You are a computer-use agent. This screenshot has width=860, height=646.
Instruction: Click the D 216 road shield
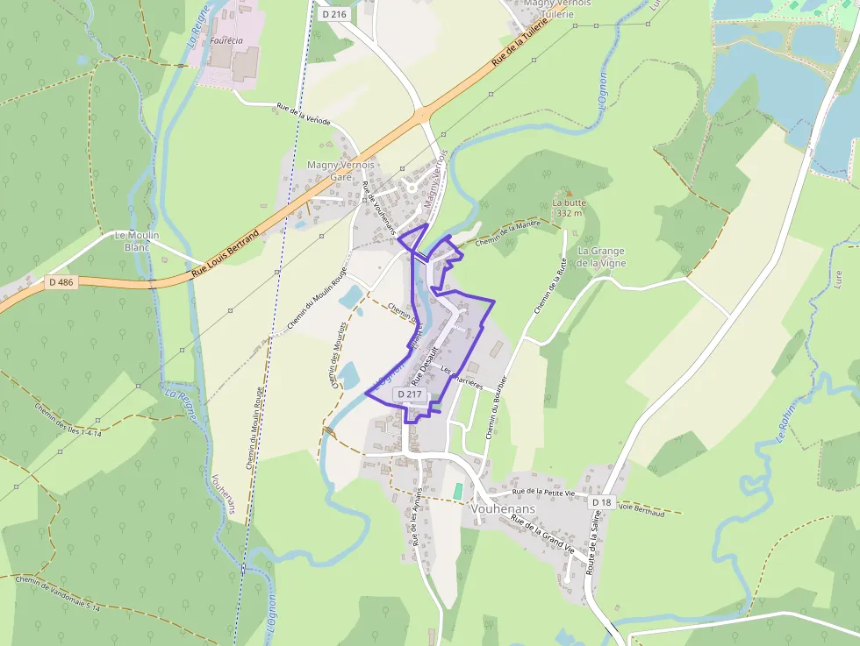pyautogui.click(x=333, y=14)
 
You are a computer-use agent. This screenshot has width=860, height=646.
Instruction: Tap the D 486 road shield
pyautogui.click(x=60, y=282)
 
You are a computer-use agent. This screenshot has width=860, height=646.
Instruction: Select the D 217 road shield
pyautogui.click(x=410, y=394)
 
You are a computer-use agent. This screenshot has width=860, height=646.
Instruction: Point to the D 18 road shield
pyautogui.click(x=601, y=501)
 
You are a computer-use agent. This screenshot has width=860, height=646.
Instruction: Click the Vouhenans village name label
pyautogui.click(x=504, y=508)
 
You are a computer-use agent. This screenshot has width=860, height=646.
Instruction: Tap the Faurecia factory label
pyautogui.click(x=226, y=40)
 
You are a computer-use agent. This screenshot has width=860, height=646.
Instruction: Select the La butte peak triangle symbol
pyautogui.click(x=568, y=193)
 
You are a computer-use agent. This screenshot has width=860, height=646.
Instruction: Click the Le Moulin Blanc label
pyautogui.click(x=137, y=241)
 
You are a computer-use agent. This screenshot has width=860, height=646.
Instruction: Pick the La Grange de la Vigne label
pyautogui.click(x=601, y=257)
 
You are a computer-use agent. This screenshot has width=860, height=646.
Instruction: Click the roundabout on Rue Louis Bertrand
pyautogui.click(x=423, y=114)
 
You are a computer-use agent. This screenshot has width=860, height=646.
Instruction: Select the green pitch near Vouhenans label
pyautogui.click(x=457, y=491)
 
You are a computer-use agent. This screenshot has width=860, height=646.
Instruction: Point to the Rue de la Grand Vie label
pyautogui.click(x=542, y=536)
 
